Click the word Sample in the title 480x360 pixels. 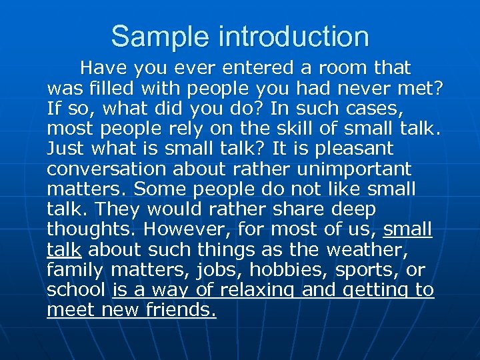coord(145,36)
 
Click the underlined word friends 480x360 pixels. coord(181,310)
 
